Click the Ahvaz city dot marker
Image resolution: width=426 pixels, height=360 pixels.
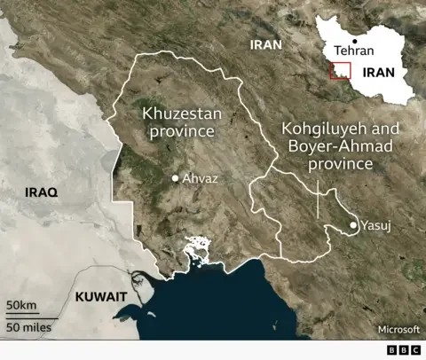pyautogui.click(x=176, y=179)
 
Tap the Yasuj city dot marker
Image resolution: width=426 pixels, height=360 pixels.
pyautogui.click(x=354, y=226)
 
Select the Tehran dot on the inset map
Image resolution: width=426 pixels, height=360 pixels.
pyautogui.click(x=355, y=41)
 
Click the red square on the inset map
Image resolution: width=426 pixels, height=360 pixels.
pyautogui.click(x=339, y=72)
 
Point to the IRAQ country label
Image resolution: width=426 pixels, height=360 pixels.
pyautogui.click(x=42, y=192)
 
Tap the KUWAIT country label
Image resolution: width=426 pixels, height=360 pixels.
pyautogui.click(x=100, y=297)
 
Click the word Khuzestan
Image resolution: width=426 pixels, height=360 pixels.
pyautogui.click(x=180, y=113)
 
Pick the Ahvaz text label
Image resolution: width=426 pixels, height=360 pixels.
pyautogui.click(x=200, y=179)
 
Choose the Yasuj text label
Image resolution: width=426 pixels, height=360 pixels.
pyautogui.click(x=375, y=226)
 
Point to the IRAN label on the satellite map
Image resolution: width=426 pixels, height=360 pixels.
pyautogui.click(x=266, y=43)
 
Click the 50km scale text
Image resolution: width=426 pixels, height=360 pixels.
pyautogui.click(x=22, y=307)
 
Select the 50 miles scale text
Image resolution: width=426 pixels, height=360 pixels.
pyautogui.click(x=28, y=327)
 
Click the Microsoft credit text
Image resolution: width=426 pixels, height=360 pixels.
pyautogui.click(x=397, y=329)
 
